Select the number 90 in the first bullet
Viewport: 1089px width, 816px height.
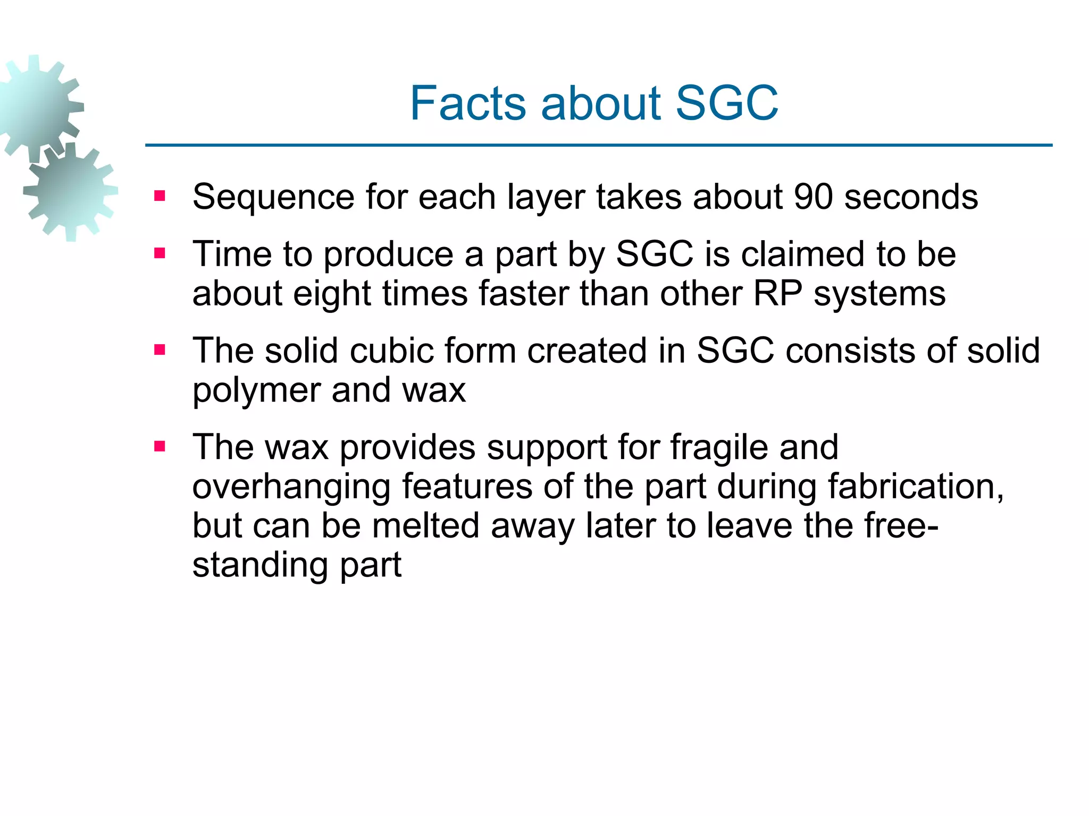[812, 197]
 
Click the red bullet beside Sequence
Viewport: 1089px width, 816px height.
[160, 197]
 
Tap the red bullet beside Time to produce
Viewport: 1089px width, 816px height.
[160, 253]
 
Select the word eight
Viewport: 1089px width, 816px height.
[332, 294]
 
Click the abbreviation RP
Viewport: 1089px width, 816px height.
[777, 293]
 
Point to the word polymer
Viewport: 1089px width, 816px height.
[256, 392]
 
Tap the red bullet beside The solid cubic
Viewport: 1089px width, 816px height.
[160, 350]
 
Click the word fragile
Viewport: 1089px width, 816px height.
[719, 448]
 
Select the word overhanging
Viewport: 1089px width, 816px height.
[291, 487]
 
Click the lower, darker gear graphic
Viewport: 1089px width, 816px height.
[71, 191]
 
